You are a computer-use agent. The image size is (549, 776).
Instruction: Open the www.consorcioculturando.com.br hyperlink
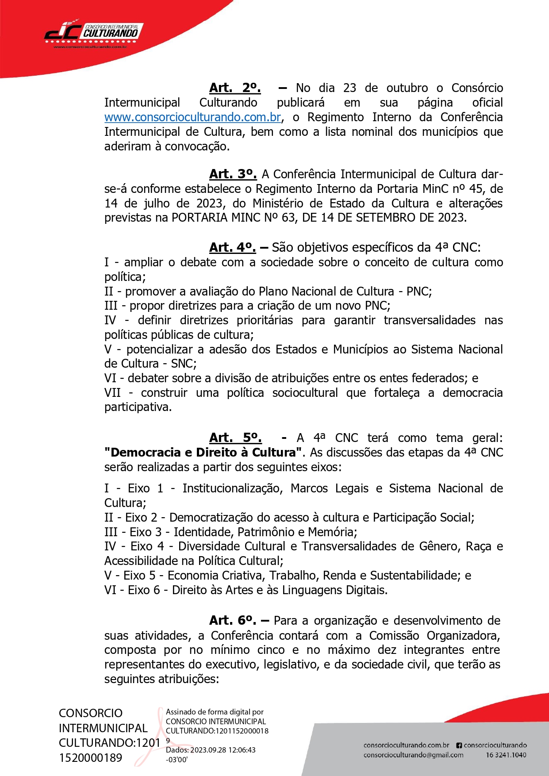pyautogui.click(x=193, y=117)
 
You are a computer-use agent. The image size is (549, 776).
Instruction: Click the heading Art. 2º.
pyautogui.click(x=235, y=88)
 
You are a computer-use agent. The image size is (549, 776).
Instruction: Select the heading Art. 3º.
pyautogui.click(x=233, y=174)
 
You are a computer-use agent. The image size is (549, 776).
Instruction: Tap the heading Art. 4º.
pyautogui.click(x=232, y=247)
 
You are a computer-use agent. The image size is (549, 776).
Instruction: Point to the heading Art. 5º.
pyautogui.click(x=235, y=438)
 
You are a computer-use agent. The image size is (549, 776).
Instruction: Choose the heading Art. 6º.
pyautogui.click(x=233, y=620)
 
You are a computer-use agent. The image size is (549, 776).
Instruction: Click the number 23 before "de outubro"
pyautogui.click(x=349, y=88)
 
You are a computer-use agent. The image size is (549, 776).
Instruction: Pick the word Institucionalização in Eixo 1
pyautogui.click(x=232, y=488)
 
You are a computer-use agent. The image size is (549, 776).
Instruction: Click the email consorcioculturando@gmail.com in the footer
pyautogui.click(x=413, y=755)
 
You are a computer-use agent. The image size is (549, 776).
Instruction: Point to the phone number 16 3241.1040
pyautogui.click(x=506, y=755)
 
